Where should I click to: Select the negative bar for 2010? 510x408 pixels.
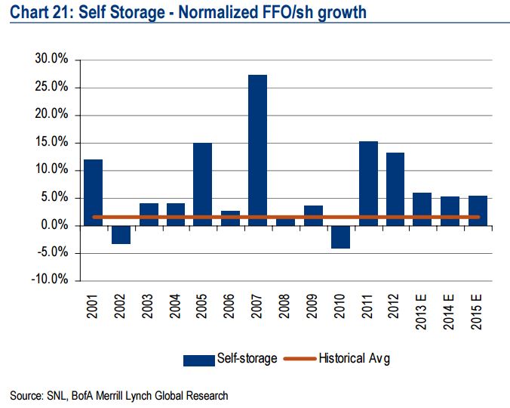339,236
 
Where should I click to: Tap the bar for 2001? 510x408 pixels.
94,192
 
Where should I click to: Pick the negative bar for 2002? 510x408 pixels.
121,234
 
